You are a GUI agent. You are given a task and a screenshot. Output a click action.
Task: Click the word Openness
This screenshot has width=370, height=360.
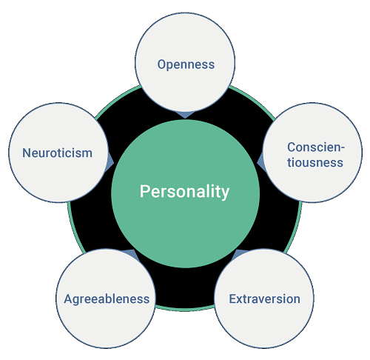pos(186,65)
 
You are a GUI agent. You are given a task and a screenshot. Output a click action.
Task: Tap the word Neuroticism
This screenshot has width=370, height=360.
pos(58,153)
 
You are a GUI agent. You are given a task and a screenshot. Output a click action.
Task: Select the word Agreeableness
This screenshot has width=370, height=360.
pos(107,299)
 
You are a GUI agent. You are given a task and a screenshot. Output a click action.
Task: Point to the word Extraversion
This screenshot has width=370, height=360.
pos(265,299)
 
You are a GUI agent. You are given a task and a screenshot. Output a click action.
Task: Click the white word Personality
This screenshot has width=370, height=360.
pos(184,192)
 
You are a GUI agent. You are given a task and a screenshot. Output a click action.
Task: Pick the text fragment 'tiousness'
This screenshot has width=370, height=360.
pos(315,163)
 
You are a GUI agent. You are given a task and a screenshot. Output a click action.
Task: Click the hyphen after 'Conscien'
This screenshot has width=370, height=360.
pos(343,148)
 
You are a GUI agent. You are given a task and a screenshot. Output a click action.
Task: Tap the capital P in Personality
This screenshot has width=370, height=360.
pos(145,191)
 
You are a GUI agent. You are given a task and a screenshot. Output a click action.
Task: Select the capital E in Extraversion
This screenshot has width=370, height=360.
pos(233,299)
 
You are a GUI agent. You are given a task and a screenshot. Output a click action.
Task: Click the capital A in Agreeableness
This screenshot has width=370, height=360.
pos(68,299)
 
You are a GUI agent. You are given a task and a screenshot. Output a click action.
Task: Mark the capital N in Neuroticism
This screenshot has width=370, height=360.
pos(27,153)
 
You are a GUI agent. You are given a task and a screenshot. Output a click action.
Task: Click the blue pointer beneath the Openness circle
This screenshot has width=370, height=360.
pos(185,115)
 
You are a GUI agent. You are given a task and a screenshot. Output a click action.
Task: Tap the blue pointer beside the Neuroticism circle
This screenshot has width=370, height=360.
pos(110,161)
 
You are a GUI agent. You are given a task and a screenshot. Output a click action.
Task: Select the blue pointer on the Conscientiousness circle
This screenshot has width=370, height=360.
pos(260,161)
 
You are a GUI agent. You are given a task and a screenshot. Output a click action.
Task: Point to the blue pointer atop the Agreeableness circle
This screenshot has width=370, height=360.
pos(131,253)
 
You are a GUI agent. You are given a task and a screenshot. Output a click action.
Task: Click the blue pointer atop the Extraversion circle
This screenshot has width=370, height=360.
pos(238,253)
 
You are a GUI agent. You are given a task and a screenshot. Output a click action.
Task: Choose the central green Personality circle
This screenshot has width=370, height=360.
pos(185,222)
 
